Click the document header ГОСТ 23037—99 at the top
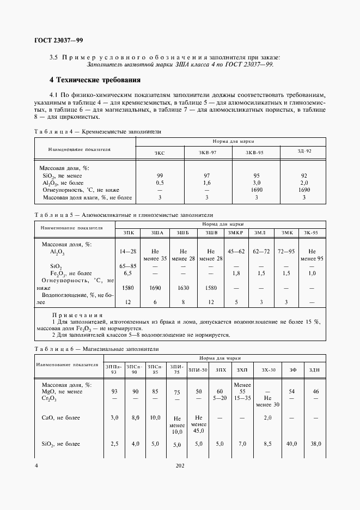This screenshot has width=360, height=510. coord(59,40)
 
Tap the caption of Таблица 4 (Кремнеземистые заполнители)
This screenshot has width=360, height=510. coord(97,132)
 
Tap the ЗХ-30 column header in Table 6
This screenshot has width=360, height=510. coord(269,370)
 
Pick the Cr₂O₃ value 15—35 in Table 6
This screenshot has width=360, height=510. coord(242,398)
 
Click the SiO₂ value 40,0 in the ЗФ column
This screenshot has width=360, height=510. coord(292,444)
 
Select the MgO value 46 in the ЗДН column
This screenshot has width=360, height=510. coord(315,392)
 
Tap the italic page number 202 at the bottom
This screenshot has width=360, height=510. coord(180,466)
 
